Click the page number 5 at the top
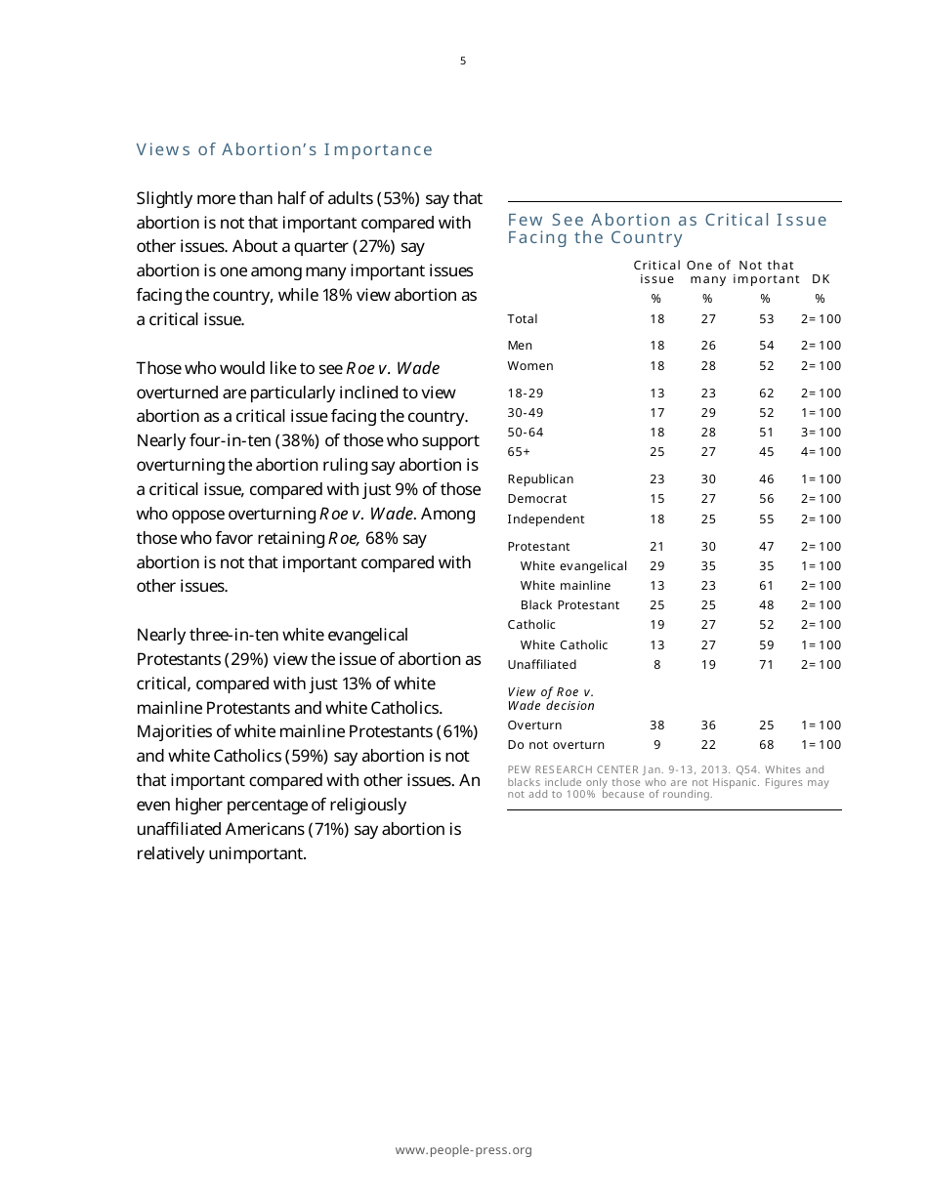click(463, 62)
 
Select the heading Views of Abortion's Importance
click(284, 149)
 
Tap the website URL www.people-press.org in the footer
click(463, 1150)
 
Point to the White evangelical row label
click(573, 566)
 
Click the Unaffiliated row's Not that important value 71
click(766, 665)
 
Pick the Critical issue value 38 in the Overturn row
click(657, 725)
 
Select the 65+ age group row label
click(519, 452)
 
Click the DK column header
click(821, 279)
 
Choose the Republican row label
click(540, 479)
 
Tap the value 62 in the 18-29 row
click(766, 393)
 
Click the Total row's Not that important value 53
click(766, 319)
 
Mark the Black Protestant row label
click(569, 605)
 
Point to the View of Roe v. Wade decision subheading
click(551, 699)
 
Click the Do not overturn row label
click(556, 745)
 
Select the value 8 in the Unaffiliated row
click(657, 665)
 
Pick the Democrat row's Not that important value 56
click(766, 499)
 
